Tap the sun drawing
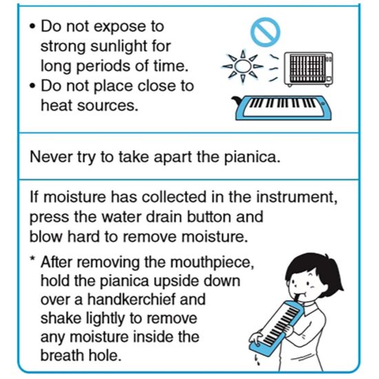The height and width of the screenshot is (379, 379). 243,65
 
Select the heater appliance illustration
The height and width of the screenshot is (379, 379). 309,70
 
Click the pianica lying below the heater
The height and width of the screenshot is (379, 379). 282,107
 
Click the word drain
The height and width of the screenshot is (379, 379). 164,217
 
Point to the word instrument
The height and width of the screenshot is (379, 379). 296,197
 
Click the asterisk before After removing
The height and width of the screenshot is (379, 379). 32,260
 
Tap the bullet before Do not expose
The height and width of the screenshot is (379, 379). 32,26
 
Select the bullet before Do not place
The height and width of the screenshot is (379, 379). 32,86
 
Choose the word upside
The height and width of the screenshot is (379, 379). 177,282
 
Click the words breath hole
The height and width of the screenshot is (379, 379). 81,355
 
